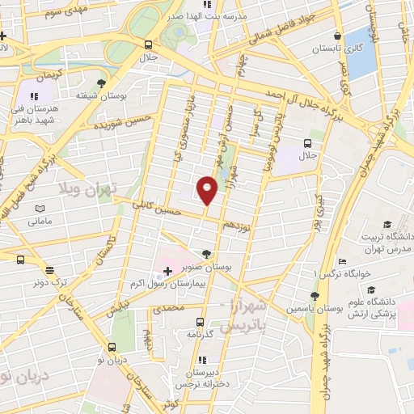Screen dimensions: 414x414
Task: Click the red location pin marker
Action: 207,191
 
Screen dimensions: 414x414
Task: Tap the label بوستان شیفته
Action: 100,95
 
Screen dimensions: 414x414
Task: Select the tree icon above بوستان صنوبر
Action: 207,253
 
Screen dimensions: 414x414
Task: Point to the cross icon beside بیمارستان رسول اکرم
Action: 167,268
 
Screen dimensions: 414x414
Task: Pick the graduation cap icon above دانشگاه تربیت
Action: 387,223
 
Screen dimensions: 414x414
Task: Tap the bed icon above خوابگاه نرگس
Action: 342,261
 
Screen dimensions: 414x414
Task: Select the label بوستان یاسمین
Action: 310,310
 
